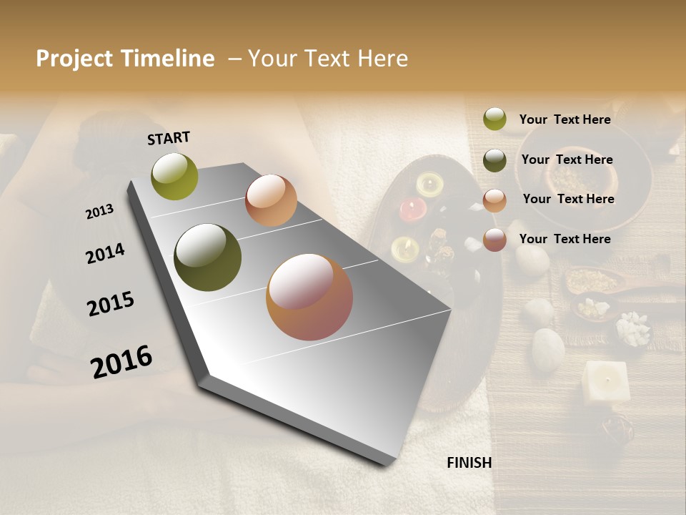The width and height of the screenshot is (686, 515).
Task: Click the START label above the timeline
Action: click(169, 138)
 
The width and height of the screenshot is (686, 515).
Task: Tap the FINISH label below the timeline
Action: click(469, 463)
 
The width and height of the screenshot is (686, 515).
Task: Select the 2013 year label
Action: click(99, 212)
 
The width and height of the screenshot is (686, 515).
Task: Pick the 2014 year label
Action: click(105, 253)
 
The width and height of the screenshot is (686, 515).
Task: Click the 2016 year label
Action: click(121, 361)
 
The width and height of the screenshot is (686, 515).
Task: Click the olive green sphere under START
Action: click(174, 176)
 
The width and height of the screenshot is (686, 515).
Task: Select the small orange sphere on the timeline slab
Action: click(271, 200)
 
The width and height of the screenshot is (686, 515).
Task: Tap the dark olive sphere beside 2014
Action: click(208, 257)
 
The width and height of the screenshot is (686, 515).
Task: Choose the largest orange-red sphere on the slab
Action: click(309, 297)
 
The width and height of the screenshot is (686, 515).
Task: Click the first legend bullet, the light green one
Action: click(494, 119)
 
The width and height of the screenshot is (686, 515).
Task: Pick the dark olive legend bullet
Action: click(494, 160)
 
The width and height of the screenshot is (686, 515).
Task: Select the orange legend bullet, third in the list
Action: click(494, 200)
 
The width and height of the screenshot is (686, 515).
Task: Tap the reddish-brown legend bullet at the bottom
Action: click(494, 240)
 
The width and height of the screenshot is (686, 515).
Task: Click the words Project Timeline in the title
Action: click(125, 59)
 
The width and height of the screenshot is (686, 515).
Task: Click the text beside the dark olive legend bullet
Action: click(567, 160)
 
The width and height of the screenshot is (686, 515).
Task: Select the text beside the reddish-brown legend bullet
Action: click(565, 239)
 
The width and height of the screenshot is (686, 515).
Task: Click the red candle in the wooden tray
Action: click(412, 209)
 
